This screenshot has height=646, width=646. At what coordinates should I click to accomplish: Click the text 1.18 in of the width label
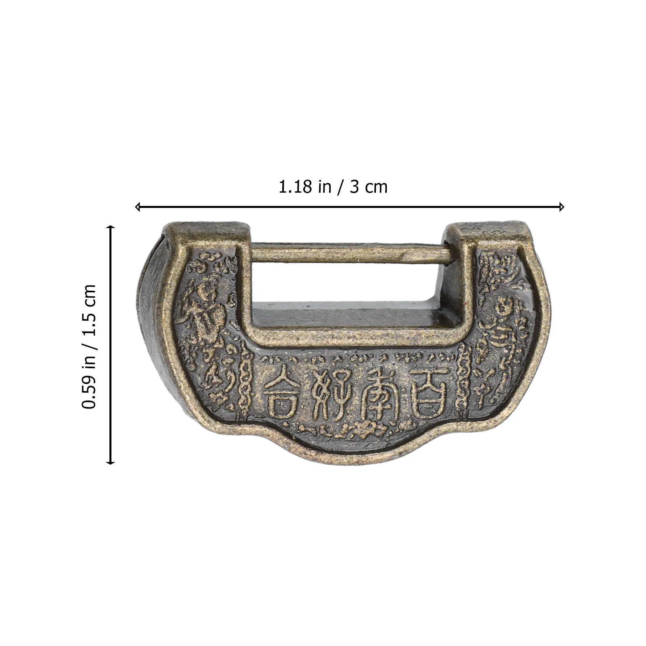pyautogui.click(x=305, y=187)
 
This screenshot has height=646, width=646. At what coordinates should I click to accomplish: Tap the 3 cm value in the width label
pyautogui.click(x=369, y=187)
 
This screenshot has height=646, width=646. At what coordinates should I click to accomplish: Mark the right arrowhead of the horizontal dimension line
pyautogui.click(x=562, y=207)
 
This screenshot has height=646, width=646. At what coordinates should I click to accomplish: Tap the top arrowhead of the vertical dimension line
pyautogui.click(x=110, y=228)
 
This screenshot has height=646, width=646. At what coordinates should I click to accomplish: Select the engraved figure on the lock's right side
pyautogui.click(x=503, y=323)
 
